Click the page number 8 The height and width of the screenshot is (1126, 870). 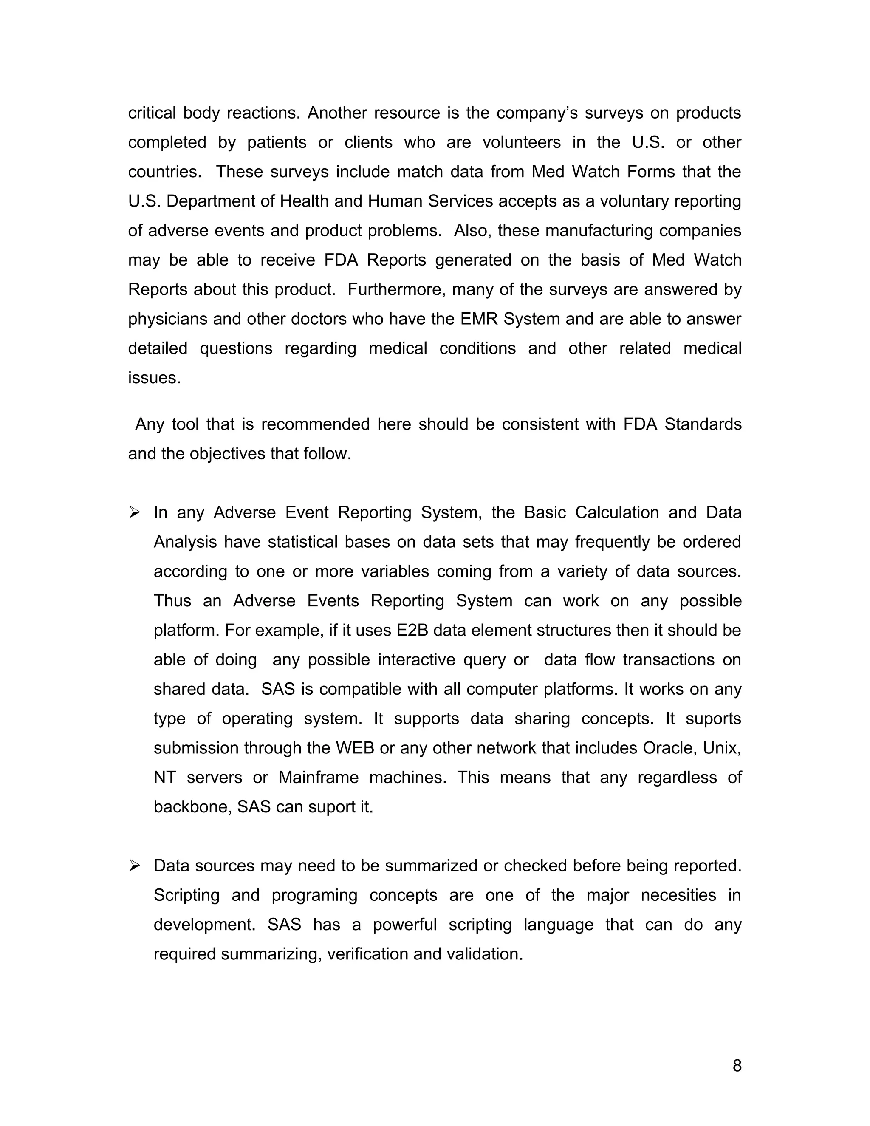pyautogui.click(x=737, y=1066)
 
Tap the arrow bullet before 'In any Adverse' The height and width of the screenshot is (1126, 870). pyautogui.click(x=135, y=512)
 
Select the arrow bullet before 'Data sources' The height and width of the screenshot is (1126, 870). pyautogui.click(x=135, y=866)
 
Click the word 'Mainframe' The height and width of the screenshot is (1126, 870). pyautogui.click(x=318, y=777)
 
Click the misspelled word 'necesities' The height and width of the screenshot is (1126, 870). pyautogui.click(x=678, y=895)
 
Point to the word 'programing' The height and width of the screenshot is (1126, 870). pyautogui.click(x=314, y=895)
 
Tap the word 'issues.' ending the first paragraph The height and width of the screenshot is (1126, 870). pyautogui.click(x=154, y=377)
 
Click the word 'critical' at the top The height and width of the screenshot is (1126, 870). pyautogui.click(x=152, y=113)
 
